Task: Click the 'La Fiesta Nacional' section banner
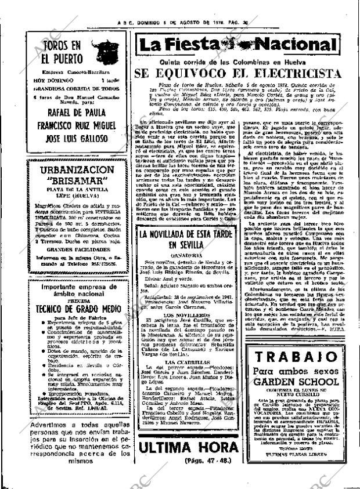tap(239, 45)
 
